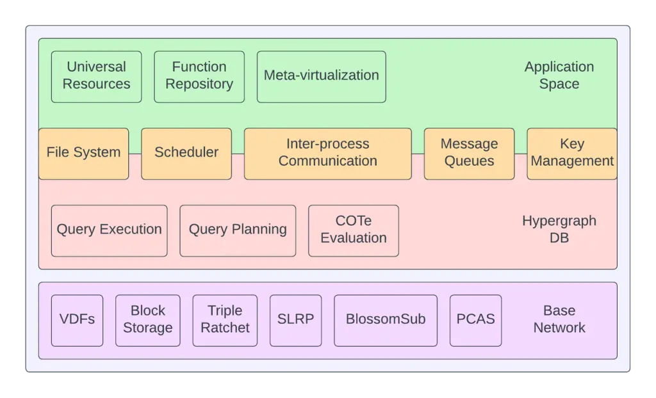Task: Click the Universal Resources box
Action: click(x=96, y=77)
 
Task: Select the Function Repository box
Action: click(x=199, y=77)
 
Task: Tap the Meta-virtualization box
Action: click(x=322, y=77)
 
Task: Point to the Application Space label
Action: click(x=559, y=76)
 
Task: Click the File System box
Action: click(x=84, y=154)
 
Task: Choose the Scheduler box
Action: click(x=186, y=154)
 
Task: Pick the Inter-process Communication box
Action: click(x=328, y=154)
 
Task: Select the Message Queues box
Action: click(x=470, y=154)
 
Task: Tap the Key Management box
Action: click(x=572, y=154)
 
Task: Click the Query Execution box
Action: click(x=109, y=231)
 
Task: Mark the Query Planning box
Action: click(x=238, y=231)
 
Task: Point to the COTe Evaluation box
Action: click(x=354, y=231)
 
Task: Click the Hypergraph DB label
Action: click(x=559, y=229)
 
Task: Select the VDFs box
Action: click(x=77, y=321)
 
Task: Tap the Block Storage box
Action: click(x=148, y=321)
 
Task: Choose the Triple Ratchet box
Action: click(x=225, y=321)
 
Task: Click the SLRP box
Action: click(x=296, y=321)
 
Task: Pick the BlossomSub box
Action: click(x=386, y=321)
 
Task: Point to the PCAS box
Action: click(x=476, y=321)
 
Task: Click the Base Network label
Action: click(x=559, y=319)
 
